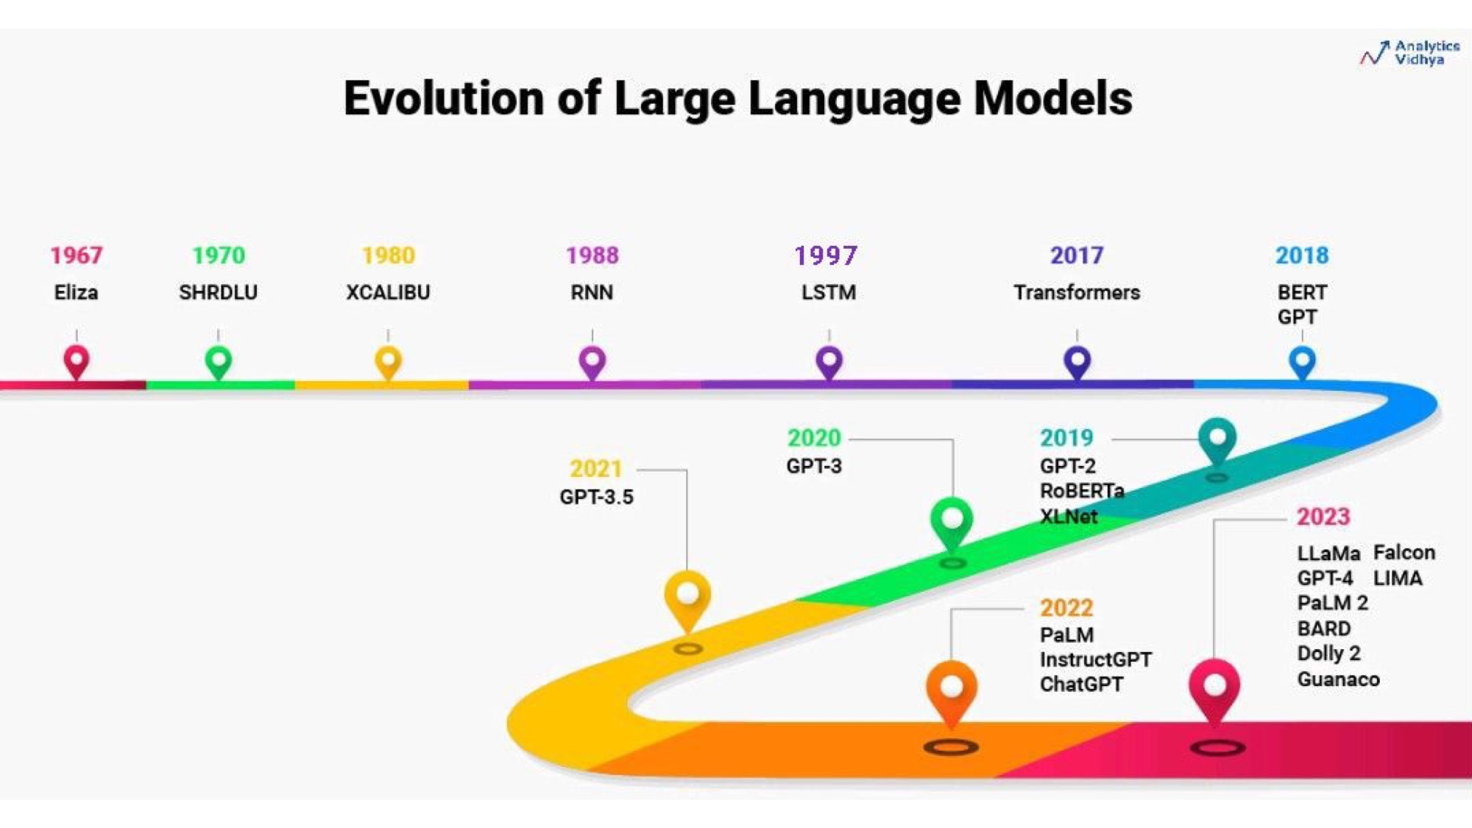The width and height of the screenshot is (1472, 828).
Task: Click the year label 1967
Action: [77, 255]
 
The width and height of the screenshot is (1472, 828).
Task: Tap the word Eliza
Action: [76, 292]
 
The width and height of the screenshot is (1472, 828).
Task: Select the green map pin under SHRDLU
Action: [218, 362]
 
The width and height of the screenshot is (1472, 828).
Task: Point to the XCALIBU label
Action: [388, 292]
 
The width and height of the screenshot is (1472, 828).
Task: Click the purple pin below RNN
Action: [592, 362]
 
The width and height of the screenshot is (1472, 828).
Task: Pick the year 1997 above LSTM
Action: [826, 255]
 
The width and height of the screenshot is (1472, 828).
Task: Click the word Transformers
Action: [1077, 292]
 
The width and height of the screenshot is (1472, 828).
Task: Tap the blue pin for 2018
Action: [1302, 362]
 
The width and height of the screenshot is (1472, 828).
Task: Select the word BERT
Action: [1302, 292]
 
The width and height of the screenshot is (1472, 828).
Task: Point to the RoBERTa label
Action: [1082, 491]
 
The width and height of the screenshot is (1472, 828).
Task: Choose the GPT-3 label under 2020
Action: [814, 466]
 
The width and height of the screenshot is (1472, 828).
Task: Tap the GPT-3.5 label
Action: [596, 497]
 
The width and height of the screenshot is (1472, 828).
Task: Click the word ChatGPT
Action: [1081, 684]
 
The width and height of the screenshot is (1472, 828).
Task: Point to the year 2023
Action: [1323, 517]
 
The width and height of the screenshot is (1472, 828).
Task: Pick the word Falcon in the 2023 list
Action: [1404, 553]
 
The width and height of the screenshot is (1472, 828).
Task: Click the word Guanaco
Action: [1338, 679]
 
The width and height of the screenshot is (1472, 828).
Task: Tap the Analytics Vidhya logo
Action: [1409, 53]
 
